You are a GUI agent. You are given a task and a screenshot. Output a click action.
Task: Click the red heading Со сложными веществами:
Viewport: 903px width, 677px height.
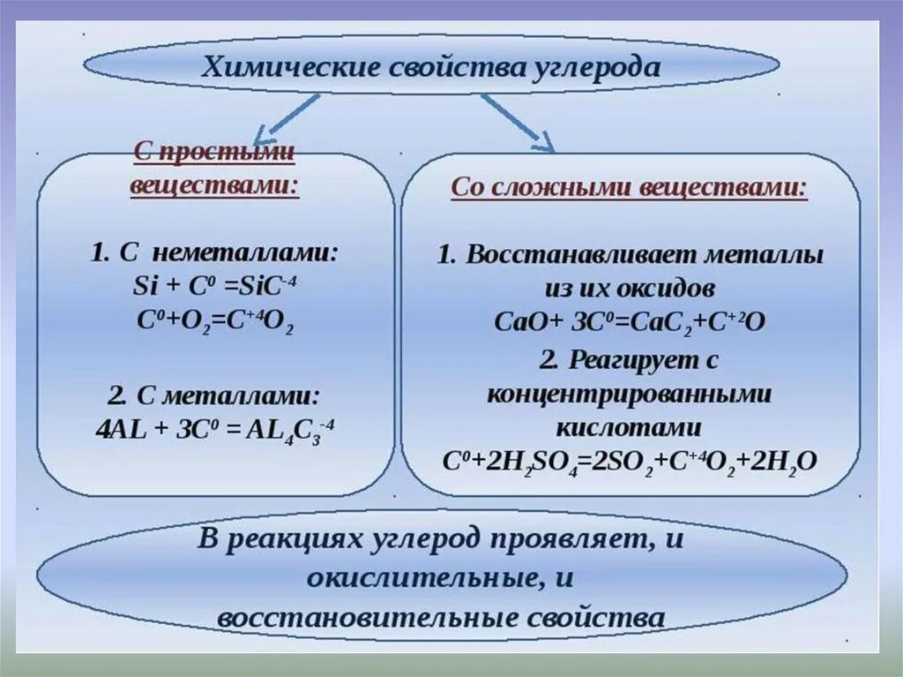coord(629,188)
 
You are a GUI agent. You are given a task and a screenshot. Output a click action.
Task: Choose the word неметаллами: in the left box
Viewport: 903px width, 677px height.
coord(244,253)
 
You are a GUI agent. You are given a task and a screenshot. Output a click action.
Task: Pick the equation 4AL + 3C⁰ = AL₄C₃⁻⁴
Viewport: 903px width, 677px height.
coord(215,431)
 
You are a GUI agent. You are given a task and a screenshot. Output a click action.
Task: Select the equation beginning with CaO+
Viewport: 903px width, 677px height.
coord(629,322)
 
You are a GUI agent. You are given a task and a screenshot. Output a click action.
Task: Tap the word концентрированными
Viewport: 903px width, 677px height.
coord(629,394)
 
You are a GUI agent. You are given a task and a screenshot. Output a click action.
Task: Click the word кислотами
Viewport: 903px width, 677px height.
coord(629,428)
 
